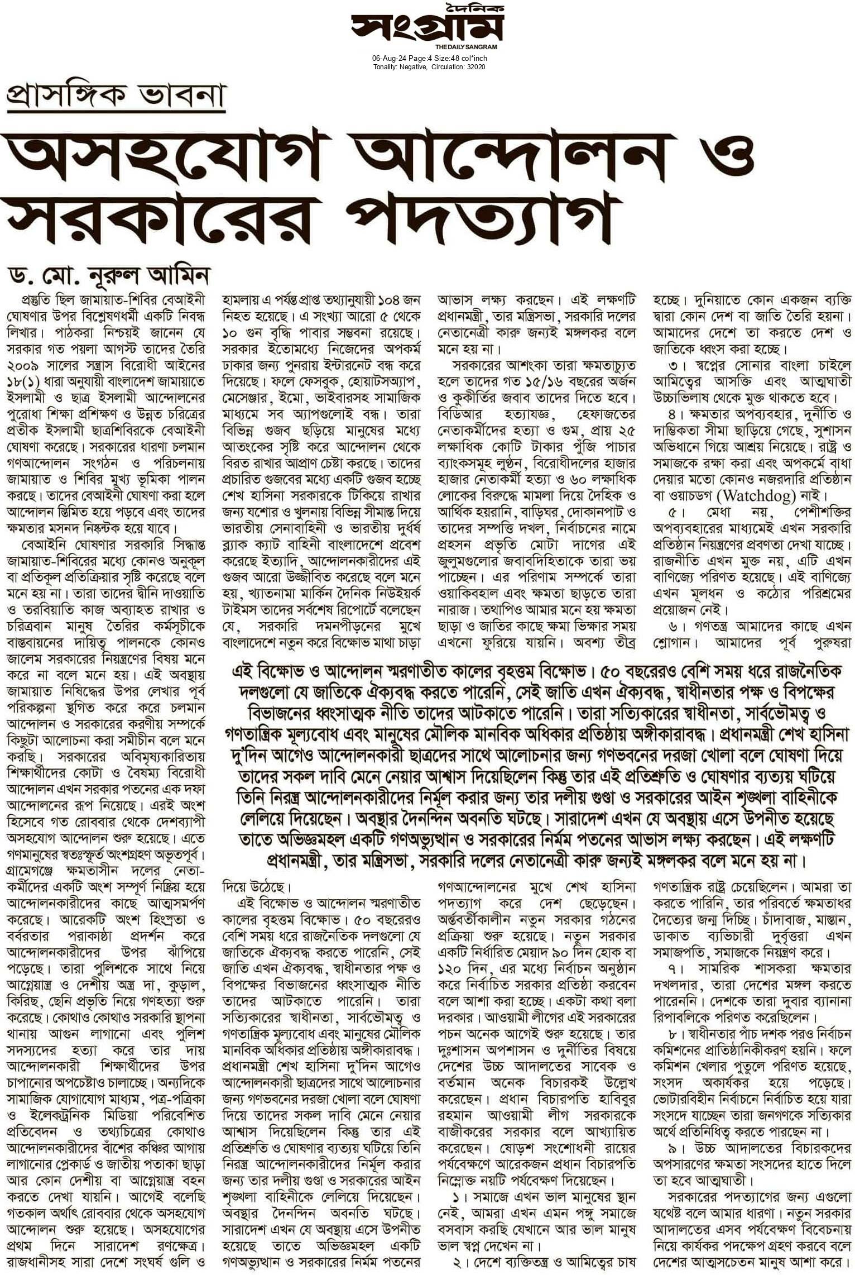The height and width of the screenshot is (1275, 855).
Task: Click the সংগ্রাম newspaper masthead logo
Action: tap(427, 26)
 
